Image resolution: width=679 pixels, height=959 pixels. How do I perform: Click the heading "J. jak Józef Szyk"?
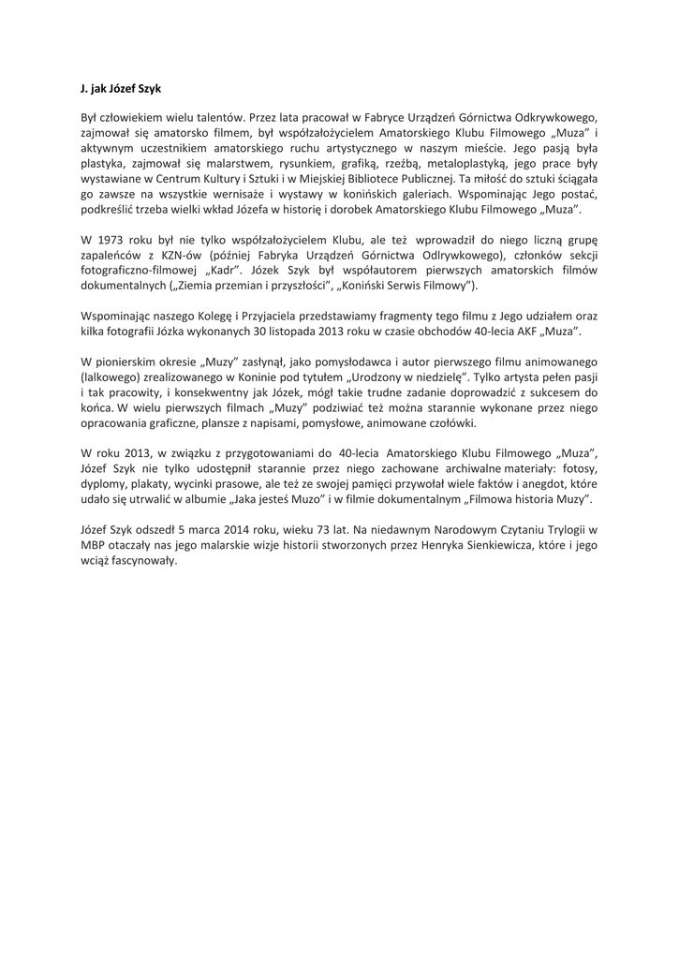click(x=121, y=89)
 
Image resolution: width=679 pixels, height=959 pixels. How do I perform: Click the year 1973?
click(x=114, y=238)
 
